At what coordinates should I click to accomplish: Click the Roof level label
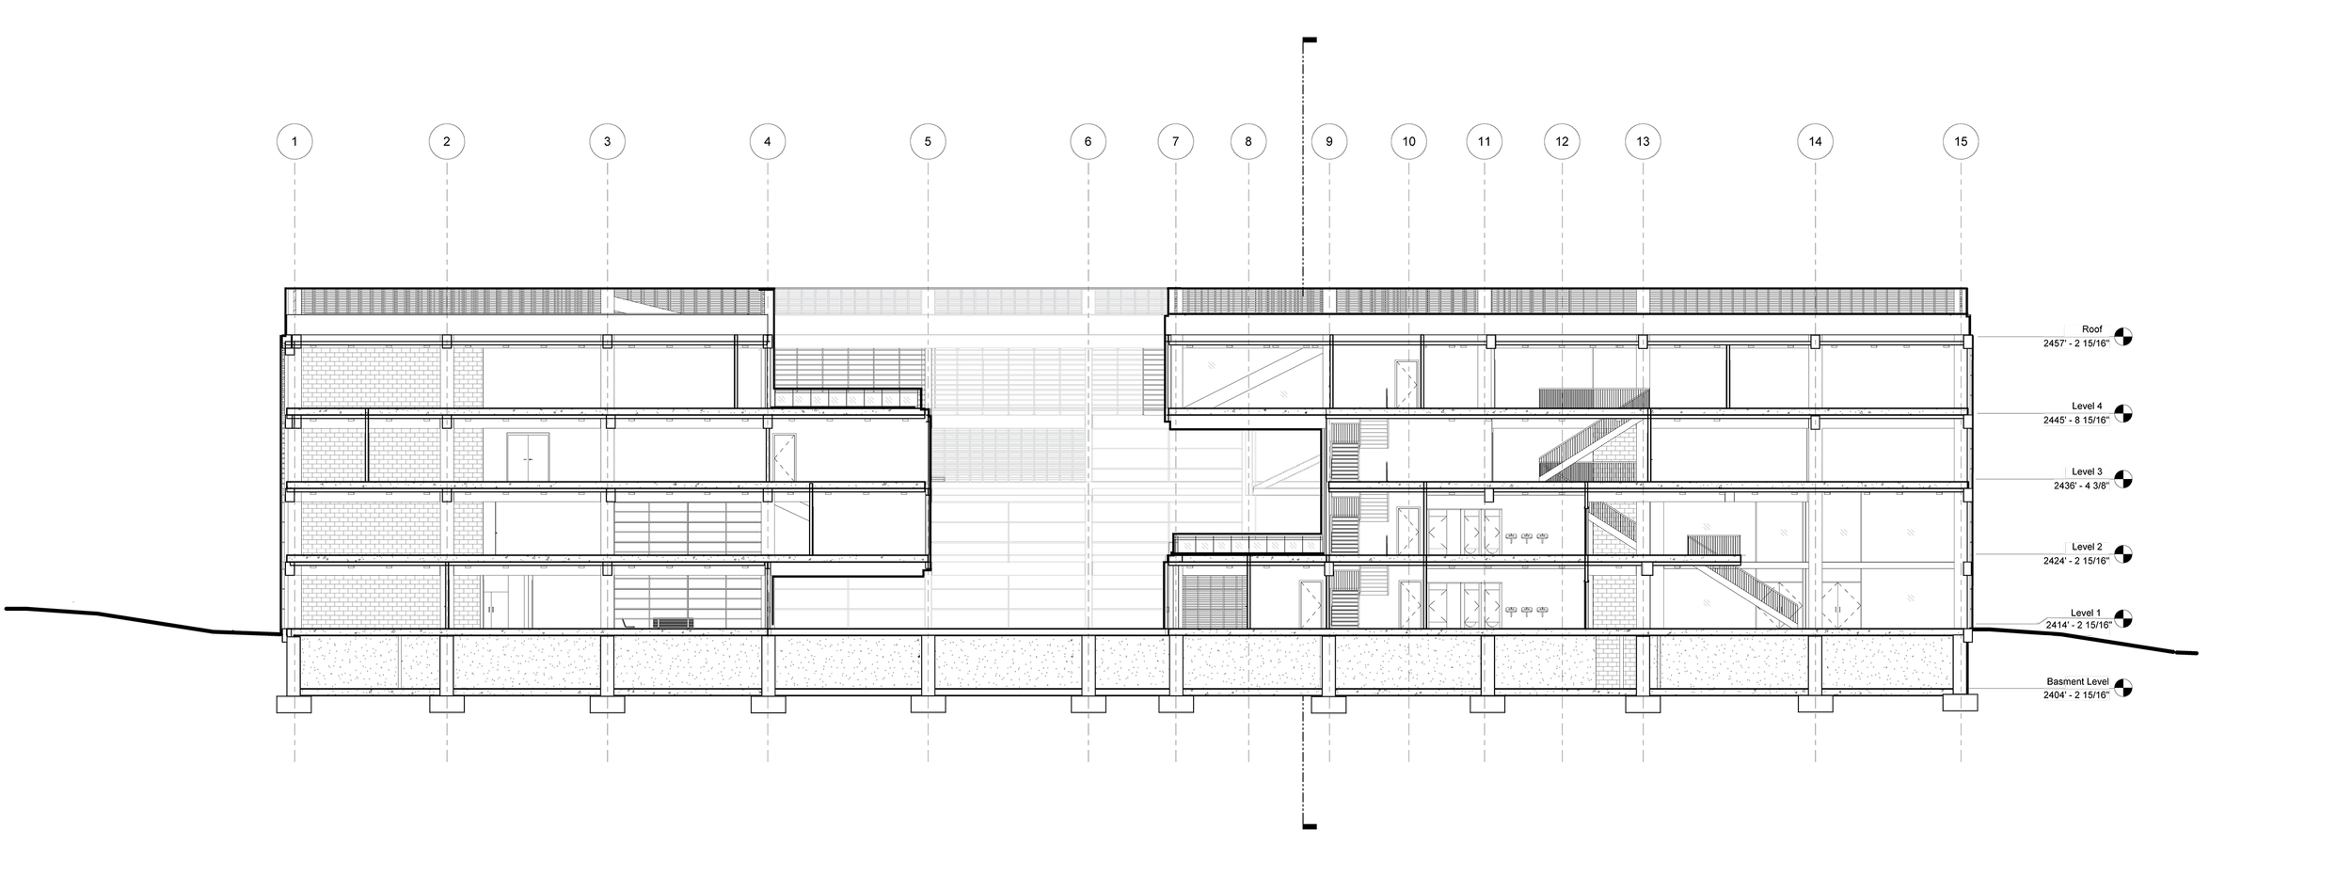2084,330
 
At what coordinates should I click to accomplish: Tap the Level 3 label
2086,471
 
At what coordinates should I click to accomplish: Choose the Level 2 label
2086,547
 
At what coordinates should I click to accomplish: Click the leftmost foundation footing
294,704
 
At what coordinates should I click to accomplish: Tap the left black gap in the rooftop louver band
928,302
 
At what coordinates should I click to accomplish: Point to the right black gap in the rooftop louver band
1089,302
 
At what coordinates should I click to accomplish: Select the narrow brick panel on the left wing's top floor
468,377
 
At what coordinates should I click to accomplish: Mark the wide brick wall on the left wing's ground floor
371,601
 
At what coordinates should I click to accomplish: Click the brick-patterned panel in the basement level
1609,663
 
